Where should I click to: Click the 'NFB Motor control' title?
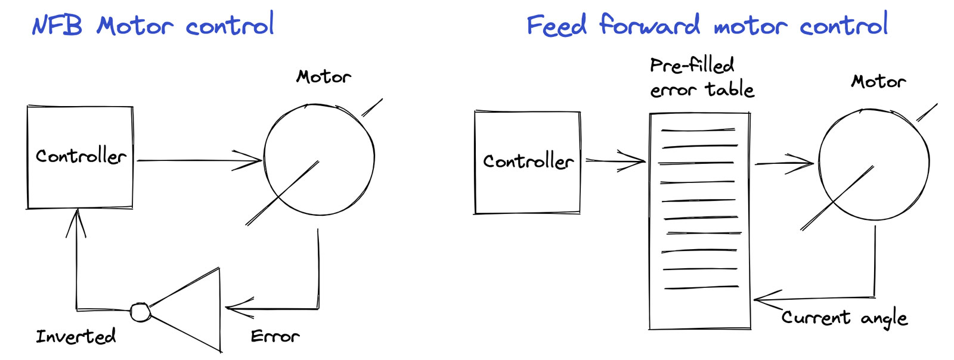(x=153, y=26)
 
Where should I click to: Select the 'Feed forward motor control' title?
(x=707, y=26)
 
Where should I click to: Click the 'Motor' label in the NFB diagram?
(x=324, y=77)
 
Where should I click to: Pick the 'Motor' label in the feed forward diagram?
(x=878, y=81)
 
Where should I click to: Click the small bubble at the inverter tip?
(x=140, y=312)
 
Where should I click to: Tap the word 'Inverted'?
(x=76, y=337)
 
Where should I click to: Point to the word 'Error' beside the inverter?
(x=275, y=337)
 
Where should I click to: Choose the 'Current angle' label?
(x=844, y=318)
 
